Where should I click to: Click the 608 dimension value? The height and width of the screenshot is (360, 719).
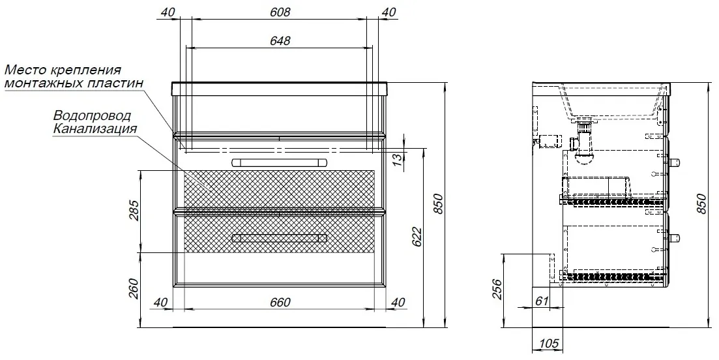tap(280, 12)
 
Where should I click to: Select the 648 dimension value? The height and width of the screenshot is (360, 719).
tap(280, 40)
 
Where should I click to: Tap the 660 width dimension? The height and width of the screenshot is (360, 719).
tap(280, 302)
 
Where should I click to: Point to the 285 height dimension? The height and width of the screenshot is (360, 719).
tap(133, 209)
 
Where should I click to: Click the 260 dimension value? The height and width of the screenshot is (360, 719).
tap(133, 288)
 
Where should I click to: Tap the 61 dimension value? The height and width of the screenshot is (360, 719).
tap(542, 301)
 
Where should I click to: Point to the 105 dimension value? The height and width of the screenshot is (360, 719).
tap(548, 343)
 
